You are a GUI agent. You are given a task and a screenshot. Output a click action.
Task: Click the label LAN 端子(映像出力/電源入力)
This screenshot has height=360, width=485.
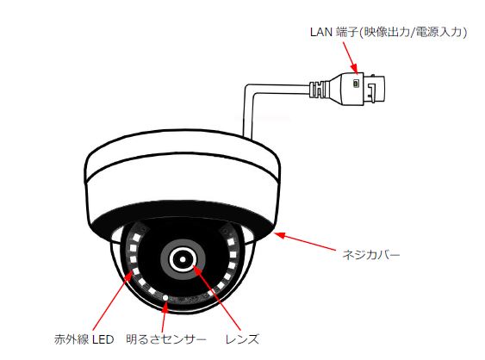pyautogui.click(x=389, y=32)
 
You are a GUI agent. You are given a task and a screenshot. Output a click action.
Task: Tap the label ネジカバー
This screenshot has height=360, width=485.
pyautogui.click(x=371, y=255)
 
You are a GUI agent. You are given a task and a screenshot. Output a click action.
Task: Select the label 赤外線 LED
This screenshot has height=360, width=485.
pyautogui.click(x=84, y=339)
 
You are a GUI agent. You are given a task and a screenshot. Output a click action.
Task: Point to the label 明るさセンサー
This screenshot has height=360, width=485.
pyautogui.click(x=166, y=339)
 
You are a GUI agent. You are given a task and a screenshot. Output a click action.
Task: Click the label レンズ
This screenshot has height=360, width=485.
pyautogui.click(x=242, y=339)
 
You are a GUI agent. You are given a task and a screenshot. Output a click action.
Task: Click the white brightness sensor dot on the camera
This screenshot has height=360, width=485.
pyautogui.click(x=165, y=297)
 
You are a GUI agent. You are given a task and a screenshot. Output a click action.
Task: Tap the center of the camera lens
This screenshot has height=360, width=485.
pyautogui.click(x=183, y=258)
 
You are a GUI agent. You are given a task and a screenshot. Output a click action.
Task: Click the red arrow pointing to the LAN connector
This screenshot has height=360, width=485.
pyautogui.click(x=350, y=59)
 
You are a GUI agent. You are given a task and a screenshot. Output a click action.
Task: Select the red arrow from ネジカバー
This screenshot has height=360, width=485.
pyautogui.click(x=305, y=241)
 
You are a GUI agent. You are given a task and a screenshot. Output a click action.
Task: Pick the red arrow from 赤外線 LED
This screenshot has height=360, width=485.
pyautogui.click(x=113, y=299)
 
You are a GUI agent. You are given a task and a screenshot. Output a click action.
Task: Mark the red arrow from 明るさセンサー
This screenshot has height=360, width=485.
pyautogui.click(x=164, y=316)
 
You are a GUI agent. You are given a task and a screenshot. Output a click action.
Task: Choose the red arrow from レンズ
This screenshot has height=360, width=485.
pyautogui.click(x=216, y=298)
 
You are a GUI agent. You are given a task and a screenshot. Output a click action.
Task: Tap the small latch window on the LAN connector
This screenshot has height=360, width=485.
pyautogui.click(x=356, y=84)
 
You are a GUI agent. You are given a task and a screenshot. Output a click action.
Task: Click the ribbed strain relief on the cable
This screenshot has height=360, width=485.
pyautogui.click(x=318, y=90)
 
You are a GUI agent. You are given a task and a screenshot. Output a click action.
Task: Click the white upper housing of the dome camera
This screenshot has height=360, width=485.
pyautogui.click(x=183, y=173)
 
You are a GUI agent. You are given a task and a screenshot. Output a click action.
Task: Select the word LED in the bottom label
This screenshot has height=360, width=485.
pyautogui.click(x=103, y=339)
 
